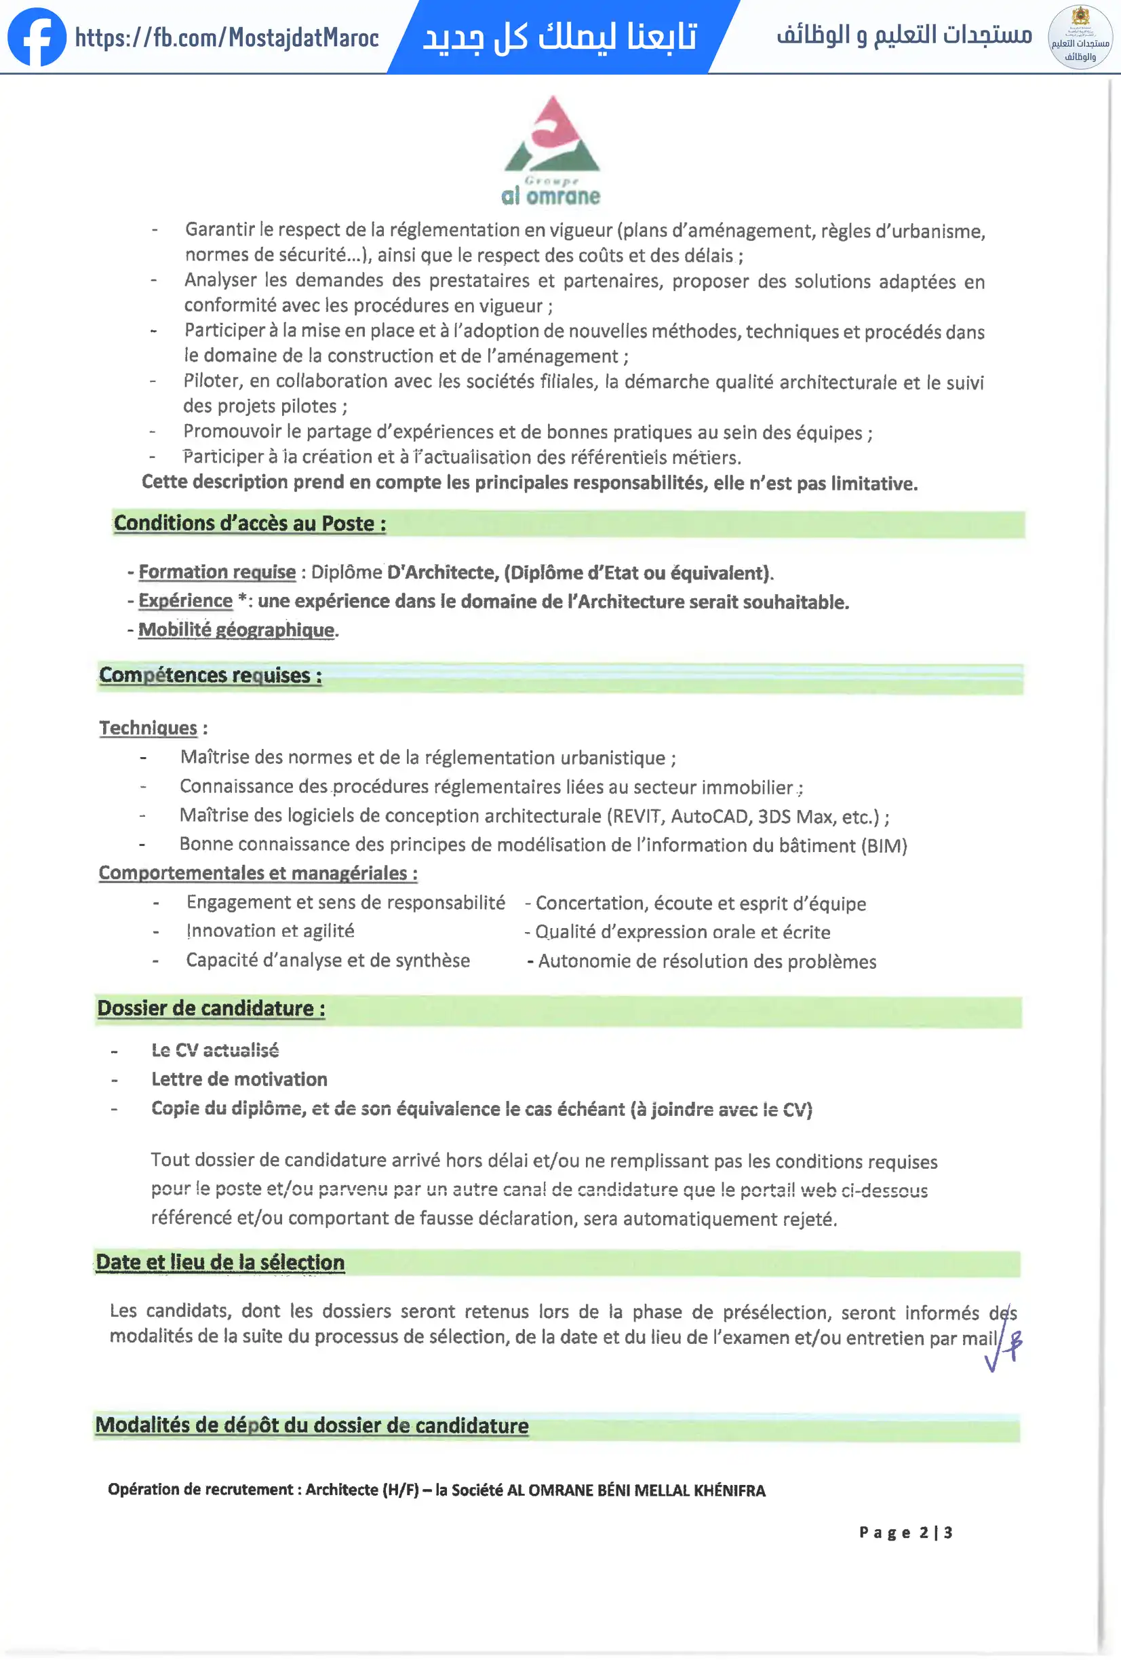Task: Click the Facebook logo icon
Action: [37, 37]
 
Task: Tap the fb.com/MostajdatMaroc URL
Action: [227, 37]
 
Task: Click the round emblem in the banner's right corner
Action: [1080, 37]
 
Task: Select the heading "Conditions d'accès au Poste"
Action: [250, 524]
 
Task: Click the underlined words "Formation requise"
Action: [217, 572]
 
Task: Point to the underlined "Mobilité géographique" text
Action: [236, 630]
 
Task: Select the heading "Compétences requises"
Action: [210, 676]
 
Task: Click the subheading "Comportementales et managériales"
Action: [258, 873]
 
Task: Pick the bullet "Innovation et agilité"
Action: [270, 931]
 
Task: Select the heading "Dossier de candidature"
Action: [211, 1009]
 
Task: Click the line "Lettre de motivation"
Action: [239, 1079]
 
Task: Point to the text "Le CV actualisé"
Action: [215, 1050]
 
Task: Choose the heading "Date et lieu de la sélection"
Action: [220, 1263]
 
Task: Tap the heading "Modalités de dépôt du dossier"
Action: [312, 1426]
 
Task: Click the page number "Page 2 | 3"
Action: [905, 1532]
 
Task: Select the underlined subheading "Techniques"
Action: [148, 728]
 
